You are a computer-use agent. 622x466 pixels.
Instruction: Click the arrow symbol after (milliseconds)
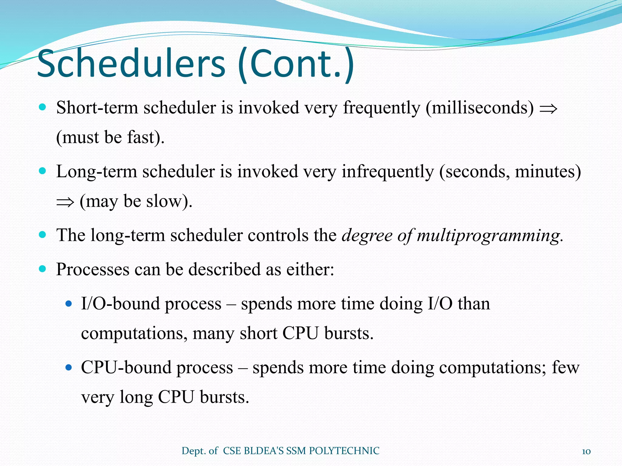pos(549,109)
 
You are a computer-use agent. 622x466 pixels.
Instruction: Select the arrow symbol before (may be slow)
pos(65,202)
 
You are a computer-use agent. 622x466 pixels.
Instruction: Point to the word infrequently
pos(388,171)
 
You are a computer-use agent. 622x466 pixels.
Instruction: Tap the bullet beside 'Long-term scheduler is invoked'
pos(43,171)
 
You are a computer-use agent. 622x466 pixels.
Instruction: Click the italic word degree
pos(367,235)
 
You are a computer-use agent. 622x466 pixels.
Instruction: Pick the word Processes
pos(93,269)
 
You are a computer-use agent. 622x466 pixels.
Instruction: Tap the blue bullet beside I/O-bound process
pos(69,303)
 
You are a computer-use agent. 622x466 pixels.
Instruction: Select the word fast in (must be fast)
pos(141,137)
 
